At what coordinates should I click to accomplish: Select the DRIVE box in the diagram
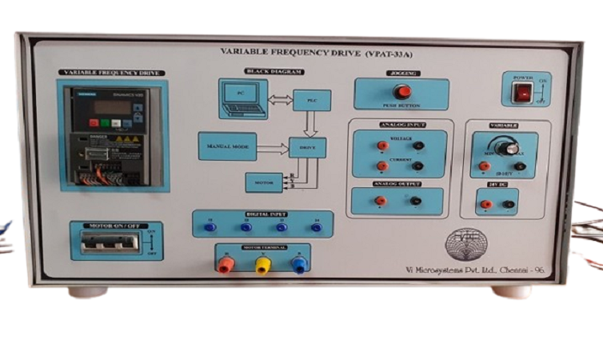307,147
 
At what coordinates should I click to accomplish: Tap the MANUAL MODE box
227,147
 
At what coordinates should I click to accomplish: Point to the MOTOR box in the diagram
265,181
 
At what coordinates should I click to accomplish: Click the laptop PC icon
242,97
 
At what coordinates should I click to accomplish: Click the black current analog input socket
416,166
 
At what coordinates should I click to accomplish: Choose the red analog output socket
381,201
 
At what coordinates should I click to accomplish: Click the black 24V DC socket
509,204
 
